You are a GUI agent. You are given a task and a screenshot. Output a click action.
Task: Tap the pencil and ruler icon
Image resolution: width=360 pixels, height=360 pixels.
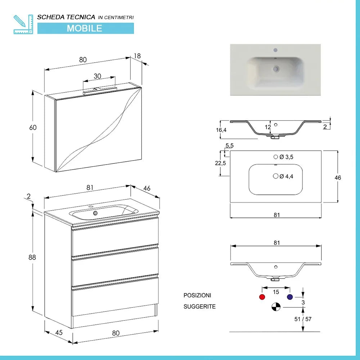pos(22,24)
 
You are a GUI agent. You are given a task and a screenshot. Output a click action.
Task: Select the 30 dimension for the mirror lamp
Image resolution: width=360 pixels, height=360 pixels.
pos(98,76)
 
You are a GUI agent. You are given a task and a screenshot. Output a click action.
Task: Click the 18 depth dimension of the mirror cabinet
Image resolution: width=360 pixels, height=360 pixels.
pos(137,56)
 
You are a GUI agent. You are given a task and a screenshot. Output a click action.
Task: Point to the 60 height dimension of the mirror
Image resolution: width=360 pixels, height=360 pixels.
pos(33,127)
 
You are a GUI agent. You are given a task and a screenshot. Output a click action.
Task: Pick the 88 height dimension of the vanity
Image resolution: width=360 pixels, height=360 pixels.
pos(32,258)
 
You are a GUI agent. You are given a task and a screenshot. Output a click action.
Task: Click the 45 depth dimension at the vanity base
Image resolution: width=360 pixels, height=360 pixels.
pos(59,332)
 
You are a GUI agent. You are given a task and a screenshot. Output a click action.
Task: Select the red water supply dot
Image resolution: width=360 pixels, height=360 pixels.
pos(262,297)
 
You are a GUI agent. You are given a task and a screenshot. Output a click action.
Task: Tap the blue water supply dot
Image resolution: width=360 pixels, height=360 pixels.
pos(290,297)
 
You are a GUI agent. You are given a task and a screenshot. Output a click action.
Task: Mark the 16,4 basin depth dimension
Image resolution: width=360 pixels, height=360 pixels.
pos(221,130)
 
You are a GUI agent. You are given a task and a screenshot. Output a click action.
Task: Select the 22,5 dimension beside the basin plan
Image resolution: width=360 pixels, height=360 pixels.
pos(220,163)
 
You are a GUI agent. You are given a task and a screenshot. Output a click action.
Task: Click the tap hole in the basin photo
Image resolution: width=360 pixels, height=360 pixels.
pos(275,50)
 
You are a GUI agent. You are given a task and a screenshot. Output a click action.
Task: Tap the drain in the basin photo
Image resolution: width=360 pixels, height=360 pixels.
pos(276,68)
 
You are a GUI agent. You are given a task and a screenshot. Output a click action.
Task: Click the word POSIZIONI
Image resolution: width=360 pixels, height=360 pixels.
pos(197,295)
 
